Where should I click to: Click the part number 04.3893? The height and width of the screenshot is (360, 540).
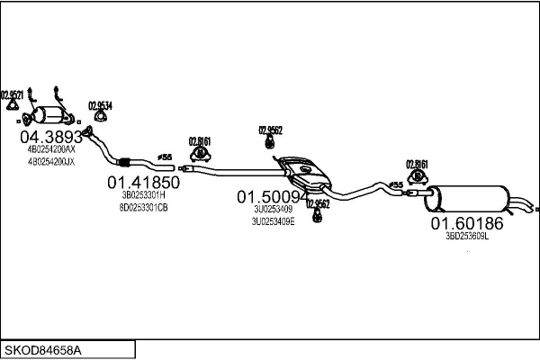(51, 137)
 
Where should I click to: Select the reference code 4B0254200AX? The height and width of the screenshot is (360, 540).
(50, 150)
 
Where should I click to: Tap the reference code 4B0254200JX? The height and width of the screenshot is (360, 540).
(50, 162)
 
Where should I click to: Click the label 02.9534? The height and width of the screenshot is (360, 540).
(100, 105)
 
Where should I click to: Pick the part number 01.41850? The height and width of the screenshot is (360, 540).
(145, 182)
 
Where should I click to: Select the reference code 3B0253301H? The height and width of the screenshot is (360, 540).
(144, 195)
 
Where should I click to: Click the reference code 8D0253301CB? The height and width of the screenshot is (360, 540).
(144, 207)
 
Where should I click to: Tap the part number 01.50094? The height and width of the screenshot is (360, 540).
(273, 195)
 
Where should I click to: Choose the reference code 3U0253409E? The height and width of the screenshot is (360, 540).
(273, 220)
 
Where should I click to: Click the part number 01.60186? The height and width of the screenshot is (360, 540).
(466, 222)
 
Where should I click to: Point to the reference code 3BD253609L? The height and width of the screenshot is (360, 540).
(466, 236)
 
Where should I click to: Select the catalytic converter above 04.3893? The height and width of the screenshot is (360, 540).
(53, 116)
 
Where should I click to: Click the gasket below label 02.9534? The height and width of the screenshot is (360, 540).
(97, 122)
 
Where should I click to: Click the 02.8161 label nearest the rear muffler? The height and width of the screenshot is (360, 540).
(417, 164)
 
